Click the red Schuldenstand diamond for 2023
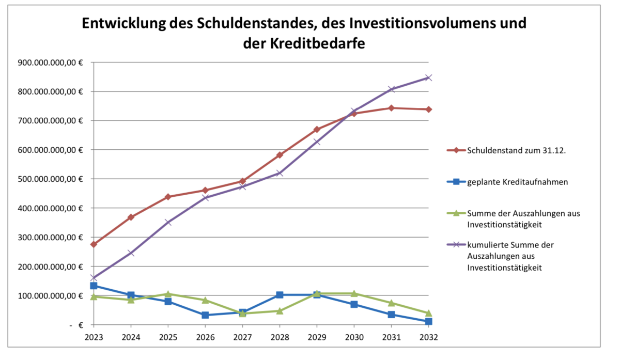point(94,244)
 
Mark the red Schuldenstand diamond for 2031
point(391,108)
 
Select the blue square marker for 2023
point(94,286)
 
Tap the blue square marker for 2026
point(205,315)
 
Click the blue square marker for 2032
point(428,321)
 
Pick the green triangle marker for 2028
point(280,311)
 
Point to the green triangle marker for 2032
point(428,313)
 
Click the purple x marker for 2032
point(428,77)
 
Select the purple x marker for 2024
point(131,253)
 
